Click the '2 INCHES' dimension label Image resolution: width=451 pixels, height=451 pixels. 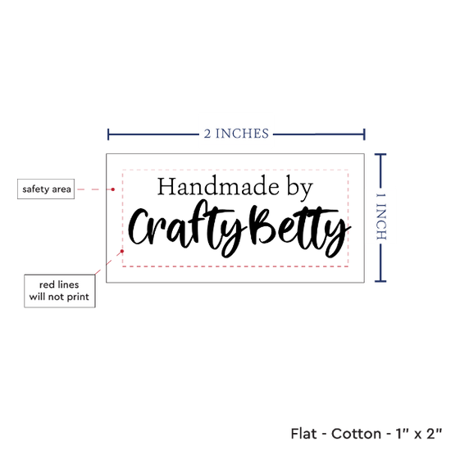click(236, 134)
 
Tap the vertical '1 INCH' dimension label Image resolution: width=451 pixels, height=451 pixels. click(380, 216)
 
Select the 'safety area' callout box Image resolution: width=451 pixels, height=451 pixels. click(46, 189)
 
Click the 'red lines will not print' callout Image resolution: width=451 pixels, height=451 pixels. click(60, 291)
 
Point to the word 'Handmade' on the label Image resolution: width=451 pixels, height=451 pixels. click(218, 187)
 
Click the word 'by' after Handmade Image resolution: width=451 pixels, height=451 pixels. click(299, 188)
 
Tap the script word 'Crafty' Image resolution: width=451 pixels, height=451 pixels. click(188, 228)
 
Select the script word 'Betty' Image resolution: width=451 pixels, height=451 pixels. click(301, 231)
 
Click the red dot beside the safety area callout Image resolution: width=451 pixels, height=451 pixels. click(113, 189)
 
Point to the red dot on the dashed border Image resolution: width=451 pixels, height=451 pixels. click(122, 251)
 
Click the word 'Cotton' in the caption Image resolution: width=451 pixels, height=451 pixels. click(356, 434)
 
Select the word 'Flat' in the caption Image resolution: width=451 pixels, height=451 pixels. click(303, 434)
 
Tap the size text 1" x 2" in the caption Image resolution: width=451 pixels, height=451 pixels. click(418, 434)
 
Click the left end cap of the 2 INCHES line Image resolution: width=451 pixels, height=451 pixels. click(108, 134)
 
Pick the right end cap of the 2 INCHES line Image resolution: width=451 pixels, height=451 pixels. click(364, 134)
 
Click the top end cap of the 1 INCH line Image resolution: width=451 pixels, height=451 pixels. click(380, 154)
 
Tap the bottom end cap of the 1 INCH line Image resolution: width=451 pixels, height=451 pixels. click(380, 281)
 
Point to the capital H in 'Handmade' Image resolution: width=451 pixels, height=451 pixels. click(166, 186)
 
